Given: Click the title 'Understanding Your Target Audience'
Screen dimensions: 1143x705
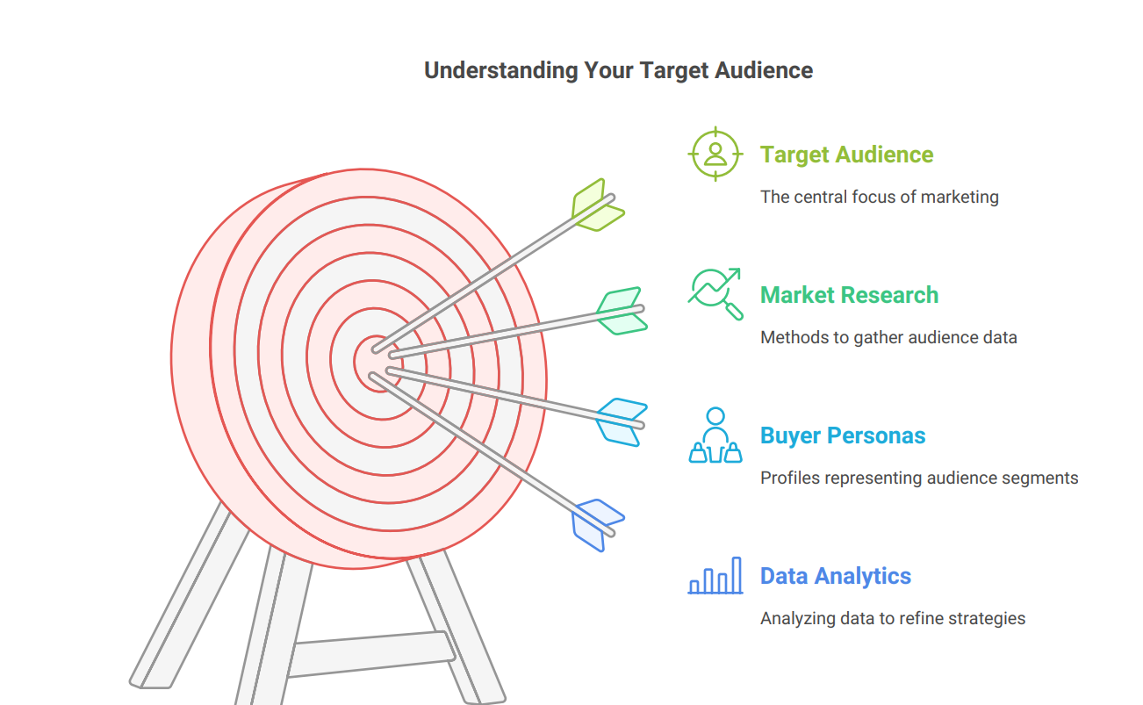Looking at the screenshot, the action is [x=618, y=70].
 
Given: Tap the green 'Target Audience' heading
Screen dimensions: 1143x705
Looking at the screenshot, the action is [x=846, y=155].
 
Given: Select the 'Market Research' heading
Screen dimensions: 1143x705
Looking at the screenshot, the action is [x=849, y=295].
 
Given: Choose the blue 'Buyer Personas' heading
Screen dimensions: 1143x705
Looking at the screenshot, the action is [x=843, y=435].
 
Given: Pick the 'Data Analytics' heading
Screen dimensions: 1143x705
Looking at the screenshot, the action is [x=836, y=576].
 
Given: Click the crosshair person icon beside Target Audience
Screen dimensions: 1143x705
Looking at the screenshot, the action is [x=715, y=154].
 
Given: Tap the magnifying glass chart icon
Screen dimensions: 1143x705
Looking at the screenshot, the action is [x=715, y=294].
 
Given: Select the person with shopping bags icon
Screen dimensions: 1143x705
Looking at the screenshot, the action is [x=715, y=435].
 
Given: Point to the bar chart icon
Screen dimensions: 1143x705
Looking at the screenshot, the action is [x=715, y=575].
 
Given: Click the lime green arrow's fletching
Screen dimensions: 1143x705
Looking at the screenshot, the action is [x=598, y=205].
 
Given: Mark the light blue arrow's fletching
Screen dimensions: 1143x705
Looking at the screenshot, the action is [x=622, y=422].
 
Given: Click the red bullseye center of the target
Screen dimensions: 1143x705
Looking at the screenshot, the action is [x=377, y=363].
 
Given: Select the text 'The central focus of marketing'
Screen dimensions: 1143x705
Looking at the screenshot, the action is [x=879, y=197].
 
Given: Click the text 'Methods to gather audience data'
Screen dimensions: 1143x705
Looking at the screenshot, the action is [x=888, y=337].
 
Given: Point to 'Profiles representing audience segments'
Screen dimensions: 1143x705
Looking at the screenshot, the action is [x=919, y=478].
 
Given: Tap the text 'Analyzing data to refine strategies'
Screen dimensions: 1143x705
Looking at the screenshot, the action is [x=893, y=618].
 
